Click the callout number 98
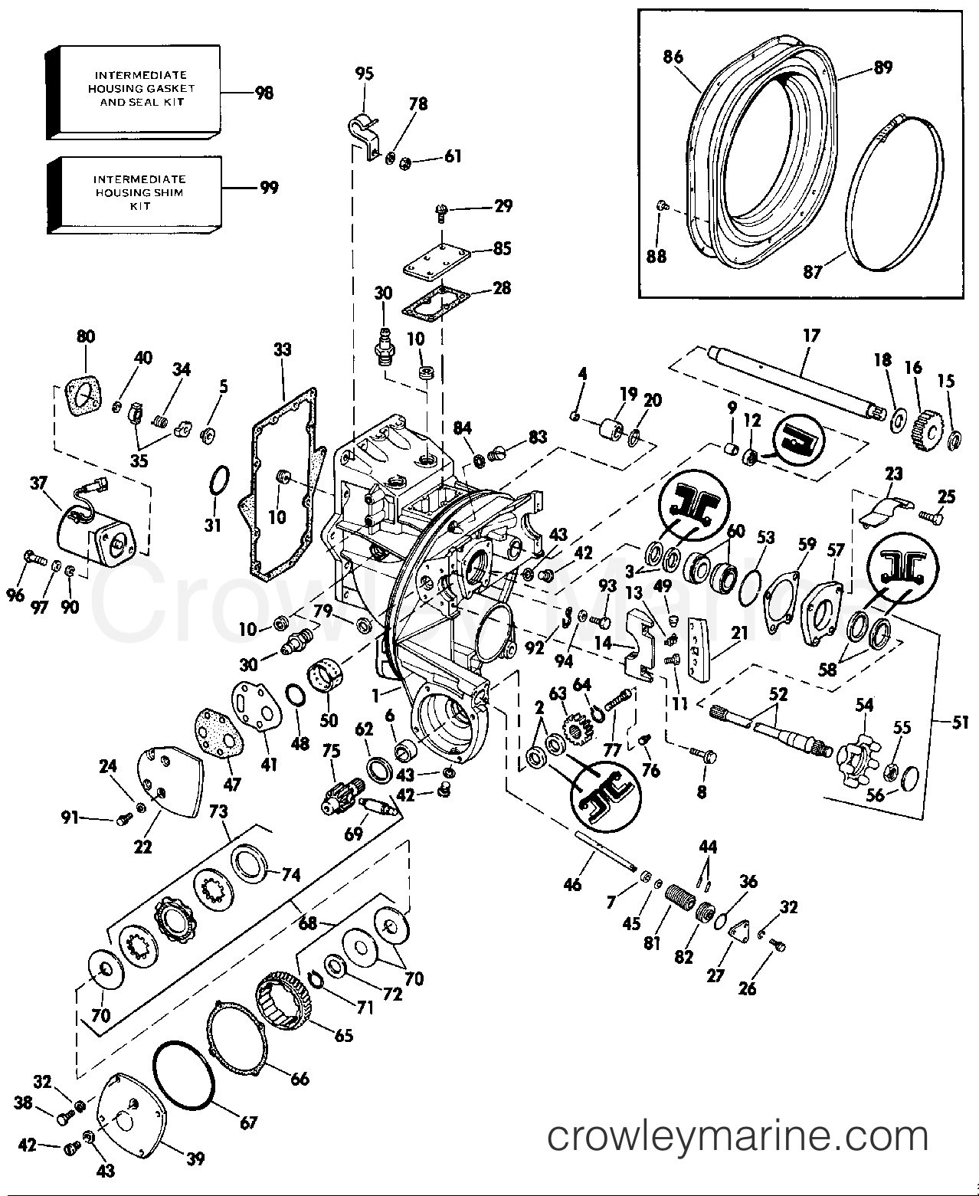[x=264, y=93]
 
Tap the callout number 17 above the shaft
[x=811, y=336]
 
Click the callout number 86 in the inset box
[x=673, y=57]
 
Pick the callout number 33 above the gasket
[x=283, y=349]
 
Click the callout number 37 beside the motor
[x=38, y=483]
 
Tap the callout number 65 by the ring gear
[x=343, y=1035]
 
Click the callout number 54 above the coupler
[x=865, y=705]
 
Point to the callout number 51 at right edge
[x=959, y=722]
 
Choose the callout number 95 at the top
[x=365, y=74]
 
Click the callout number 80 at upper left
[x=86, y=336]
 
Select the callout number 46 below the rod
[x=572, y=884]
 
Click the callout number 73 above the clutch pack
[x=218, y=811]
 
